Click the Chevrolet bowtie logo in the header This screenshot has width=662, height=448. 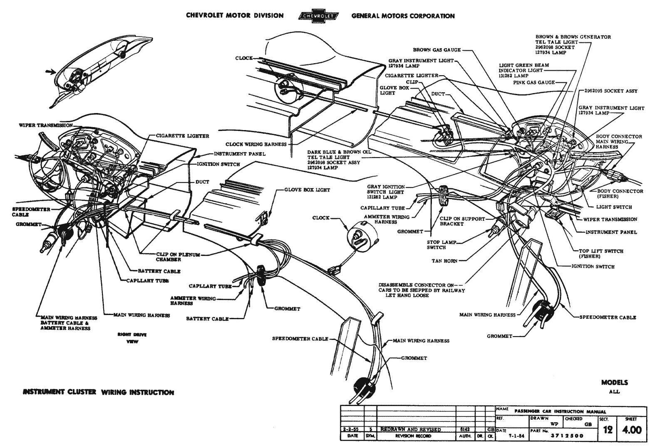(317, 16)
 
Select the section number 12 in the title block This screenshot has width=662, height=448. (608, 430)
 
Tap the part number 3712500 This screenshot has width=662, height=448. (567, 436)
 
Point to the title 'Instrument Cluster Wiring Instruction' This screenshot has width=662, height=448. (99, 392)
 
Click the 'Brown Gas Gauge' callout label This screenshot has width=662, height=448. (436, 50)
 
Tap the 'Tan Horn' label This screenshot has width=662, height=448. (444, 261)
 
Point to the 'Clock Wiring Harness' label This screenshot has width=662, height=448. (256, 144)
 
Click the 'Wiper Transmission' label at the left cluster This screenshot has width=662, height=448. (46, 125)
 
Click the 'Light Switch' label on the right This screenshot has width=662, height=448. (614, 207)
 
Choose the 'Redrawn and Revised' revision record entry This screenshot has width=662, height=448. (410, 429)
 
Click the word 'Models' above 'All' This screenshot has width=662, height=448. (614, 383)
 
